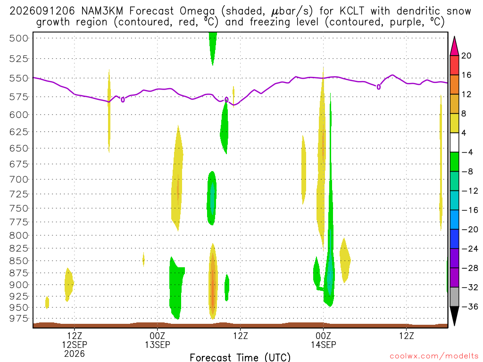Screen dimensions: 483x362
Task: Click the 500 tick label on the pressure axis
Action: point(19,39)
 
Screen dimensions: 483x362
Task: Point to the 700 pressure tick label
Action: point(19,180)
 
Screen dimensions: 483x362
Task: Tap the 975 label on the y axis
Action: point(19,319)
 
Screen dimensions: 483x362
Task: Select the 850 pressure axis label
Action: point(19,261)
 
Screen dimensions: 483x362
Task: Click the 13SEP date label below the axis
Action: point(158,345)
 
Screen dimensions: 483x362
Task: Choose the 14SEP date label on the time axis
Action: point(324,345)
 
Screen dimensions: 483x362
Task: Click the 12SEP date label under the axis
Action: point(75,345)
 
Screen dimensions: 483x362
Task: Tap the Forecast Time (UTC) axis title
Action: point(240,357)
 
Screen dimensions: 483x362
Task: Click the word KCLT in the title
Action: point(352,11)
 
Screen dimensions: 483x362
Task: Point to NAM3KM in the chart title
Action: point(102,11)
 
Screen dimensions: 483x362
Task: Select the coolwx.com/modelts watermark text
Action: point(434,356)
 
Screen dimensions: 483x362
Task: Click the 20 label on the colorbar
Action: point(466,56)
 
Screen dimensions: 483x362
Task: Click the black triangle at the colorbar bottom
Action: point(454,316)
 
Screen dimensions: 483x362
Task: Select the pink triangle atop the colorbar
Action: point(454,46)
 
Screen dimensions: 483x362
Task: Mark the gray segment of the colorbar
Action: point(454,297)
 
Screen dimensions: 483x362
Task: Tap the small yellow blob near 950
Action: point(47,303)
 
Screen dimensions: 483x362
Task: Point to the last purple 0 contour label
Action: point(379,87)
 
